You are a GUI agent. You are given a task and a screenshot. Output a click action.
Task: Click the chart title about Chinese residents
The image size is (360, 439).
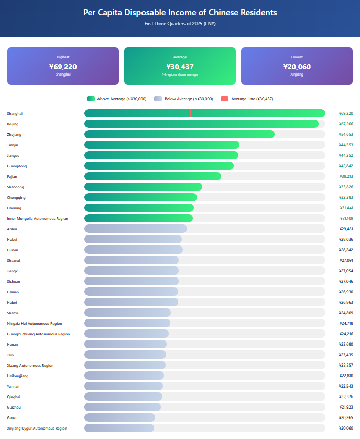[180, 13]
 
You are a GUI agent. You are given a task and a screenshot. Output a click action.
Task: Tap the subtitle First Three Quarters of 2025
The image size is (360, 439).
[180, 24]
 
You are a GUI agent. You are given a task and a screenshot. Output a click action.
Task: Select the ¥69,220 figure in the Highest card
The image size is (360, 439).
[63, 67]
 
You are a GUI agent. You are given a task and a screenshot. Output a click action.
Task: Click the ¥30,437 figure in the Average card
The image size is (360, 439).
[180, 67]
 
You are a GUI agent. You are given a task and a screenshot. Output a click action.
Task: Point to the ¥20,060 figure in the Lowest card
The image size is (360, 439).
[297, 67]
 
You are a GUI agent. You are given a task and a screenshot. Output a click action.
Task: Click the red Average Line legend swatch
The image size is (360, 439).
[224, 99]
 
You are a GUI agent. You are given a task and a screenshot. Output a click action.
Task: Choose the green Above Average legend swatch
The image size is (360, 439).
[91, 99]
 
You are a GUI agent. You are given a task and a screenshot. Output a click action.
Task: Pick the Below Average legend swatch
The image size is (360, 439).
[158, 99]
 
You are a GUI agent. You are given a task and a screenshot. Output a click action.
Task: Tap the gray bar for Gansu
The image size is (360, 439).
[119, 417]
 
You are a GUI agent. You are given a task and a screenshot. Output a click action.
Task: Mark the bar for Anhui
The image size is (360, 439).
[136, 229]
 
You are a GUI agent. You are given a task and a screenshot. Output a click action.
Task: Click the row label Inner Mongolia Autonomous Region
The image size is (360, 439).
[37, 218]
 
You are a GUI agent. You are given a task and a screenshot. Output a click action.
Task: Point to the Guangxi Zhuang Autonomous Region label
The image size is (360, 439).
[38, 334]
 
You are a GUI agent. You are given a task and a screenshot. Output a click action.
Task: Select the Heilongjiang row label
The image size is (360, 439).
[18, 376]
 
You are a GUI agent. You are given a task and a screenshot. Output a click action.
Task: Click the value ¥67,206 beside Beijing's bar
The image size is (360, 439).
[346, 124]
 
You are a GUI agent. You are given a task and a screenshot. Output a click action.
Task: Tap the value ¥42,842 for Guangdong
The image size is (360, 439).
[346, 166]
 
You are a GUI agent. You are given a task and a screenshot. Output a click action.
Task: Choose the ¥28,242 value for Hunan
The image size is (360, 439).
[346, 250]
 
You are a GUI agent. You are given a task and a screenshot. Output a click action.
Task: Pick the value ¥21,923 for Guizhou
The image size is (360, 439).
[346, 408]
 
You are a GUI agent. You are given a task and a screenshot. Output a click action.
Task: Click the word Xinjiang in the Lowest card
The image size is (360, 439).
[297, 74]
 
